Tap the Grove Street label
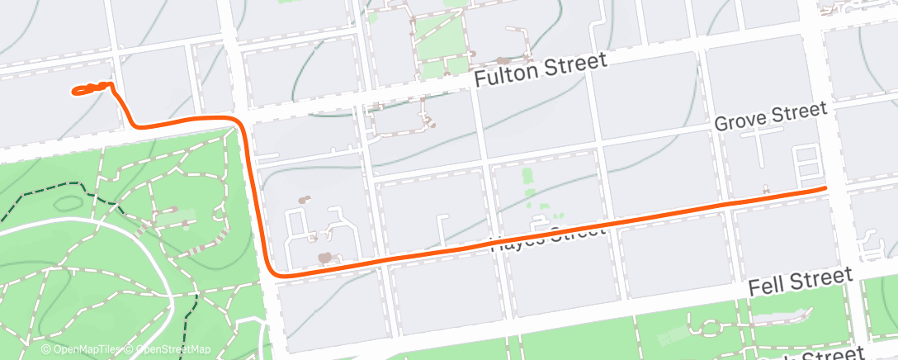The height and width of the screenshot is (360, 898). pyautogui.click(x=770, y=116)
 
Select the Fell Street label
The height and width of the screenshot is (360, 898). pyautogui.click(x=801, y=283)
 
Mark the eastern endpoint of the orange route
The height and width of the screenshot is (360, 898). pyautogui.click(x=824, y=188)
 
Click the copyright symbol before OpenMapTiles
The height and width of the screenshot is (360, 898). pyautogui.click(x=47, y=350)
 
